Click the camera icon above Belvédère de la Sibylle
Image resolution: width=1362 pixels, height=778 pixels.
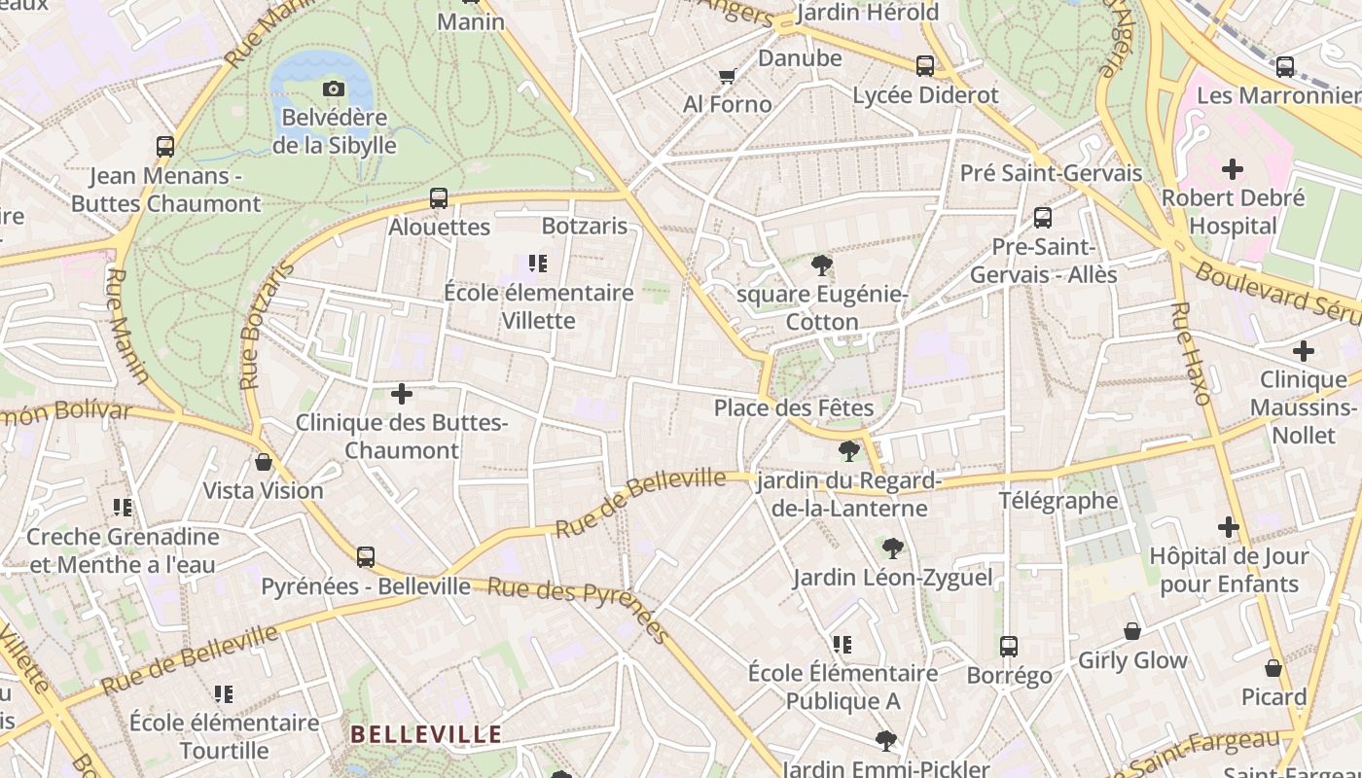coord(334,89)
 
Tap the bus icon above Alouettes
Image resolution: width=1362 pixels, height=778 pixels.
coord(439,198)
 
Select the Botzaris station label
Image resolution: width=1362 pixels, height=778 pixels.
coord(585,226)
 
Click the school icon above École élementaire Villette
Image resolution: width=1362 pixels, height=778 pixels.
coord(538,264)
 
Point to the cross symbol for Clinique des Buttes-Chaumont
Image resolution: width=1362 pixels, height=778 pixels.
coord(402,394)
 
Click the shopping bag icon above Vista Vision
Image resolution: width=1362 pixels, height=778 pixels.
coord(263,462)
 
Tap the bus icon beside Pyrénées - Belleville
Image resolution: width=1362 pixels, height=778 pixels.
coord(366,556)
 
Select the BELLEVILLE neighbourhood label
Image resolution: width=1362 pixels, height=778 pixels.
coord(426,734)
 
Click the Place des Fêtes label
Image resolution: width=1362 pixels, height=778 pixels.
coord(794,407)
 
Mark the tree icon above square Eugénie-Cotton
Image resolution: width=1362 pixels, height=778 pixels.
coord(822,265)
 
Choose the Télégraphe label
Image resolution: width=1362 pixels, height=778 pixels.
coord(1058,501)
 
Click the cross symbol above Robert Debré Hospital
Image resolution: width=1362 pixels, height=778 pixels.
coord(1233,169)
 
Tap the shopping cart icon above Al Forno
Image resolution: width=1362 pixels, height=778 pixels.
coord(727,76)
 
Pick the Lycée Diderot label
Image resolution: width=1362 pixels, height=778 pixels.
coord(925,95)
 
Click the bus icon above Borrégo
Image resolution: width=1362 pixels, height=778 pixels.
coord(1009,647)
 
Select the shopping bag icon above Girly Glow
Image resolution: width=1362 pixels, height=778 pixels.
coord(1132,632)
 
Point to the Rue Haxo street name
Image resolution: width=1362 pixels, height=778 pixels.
coord(1191,353)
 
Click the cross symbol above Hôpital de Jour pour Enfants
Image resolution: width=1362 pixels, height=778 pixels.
coord(1229,527)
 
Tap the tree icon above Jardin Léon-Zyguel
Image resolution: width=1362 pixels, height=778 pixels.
coord(892,548)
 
